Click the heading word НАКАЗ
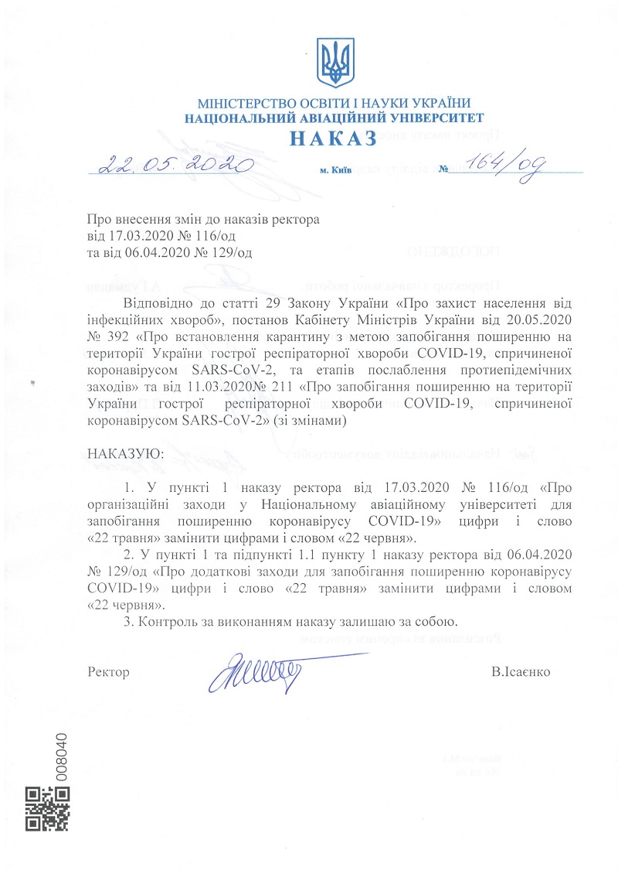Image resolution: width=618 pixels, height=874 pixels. click(334, 138)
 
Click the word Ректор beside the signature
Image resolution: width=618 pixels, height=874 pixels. click(109, 671)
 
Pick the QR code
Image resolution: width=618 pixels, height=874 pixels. click(48, 808)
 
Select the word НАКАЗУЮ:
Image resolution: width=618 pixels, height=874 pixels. click(125, 452)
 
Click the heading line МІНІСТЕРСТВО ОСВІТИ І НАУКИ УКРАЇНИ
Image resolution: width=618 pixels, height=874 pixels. click(334, 104)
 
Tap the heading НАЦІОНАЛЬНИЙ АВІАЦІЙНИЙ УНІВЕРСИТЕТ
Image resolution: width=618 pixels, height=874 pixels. click(334, 118)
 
